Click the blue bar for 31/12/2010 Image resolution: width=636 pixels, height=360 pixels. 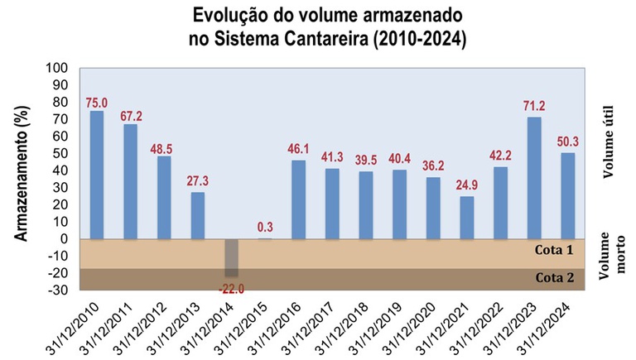(x=97, y=175)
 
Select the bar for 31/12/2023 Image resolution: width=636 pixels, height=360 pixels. (x=534, y=178)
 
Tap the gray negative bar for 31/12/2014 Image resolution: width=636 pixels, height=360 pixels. (x=231, y=257)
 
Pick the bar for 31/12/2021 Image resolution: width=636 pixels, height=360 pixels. (x=467, y=217)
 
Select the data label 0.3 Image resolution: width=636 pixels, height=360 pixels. (x=265, y=227)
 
